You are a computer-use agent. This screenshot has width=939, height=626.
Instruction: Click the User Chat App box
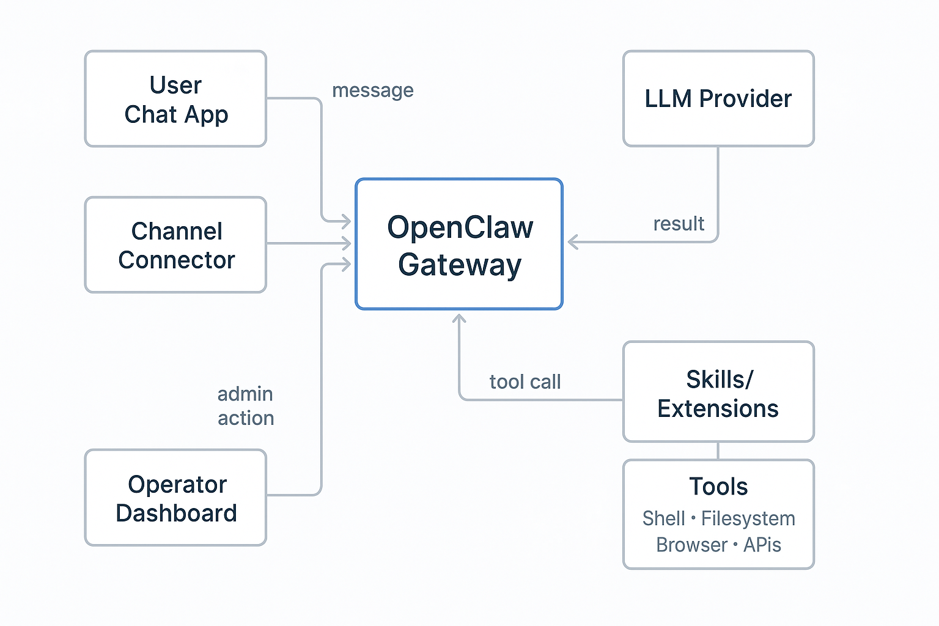(175, 99)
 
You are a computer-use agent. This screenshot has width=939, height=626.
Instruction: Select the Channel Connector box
(175, 245)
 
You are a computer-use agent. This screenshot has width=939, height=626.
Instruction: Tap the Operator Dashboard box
(175, 498)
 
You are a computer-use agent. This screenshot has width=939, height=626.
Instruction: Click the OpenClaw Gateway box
(459, 245)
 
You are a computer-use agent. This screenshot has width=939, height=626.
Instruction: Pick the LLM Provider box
(718, 99)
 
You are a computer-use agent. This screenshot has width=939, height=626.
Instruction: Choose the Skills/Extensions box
(718, 392)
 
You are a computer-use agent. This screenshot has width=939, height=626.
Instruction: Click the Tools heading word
(718, 487)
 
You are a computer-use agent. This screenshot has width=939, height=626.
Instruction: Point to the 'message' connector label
(372, 90)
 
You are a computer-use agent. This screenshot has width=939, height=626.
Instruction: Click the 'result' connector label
(679, 224)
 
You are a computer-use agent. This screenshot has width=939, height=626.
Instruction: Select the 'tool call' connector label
(525, 382)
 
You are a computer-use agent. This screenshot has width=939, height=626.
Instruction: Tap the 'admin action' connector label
(246, 406)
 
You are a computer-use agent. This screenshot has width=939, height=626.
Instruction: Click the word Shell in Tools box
(663, 518)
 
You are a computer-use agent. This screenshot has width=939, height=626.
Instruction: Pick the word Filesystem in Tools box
(748, 518)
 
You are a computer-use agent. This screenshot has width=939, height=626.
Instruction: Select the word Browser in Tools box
(691, 545)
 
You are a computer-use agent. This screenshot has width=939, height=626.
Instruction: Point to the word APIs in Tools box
(762, 545)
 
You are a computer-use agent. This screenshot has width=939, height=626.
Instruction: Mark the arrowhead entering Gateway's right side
(573, 242)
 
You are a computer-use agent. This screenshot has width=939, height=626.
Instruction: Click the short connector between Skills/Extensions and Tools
(718, 451)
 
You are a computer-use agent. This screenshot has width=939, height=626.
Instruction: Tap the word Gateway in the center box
(460, 265)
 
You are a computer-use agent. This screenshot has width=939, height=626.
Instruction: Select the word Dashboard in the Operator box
(176, 513)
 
